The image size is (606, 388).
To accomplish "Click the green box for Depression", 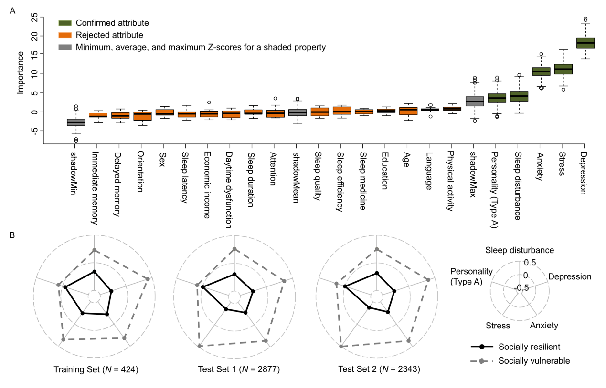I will coord(585,43).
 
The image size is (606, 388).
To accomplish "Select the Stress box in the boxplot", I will coord(563,69).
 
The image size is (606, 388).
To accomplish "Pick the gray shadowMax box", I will coord(475,101).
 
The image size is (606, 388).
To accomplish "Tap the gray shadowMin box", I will coord(76,122).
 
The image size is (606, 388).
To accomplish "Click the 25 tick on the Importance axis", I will coord(34,17).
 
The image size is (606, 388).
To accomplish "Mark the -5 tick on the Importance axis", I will coord(34,131).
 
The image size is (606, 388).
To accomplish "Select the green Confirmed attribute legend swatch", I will coord(64,23).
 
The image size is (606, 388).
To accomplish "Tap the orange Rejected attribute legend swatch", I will coord(64,35).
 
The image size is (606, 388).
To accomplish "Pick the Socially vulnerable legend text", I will coord(534,361).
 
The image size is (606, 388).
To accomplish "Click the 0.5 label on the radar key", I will coord(530,263).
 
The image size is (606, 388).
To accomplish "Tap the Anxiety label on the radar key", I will coord(544,326).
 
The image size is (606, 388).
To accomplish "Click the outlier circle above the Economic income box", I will coord(209,102).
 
